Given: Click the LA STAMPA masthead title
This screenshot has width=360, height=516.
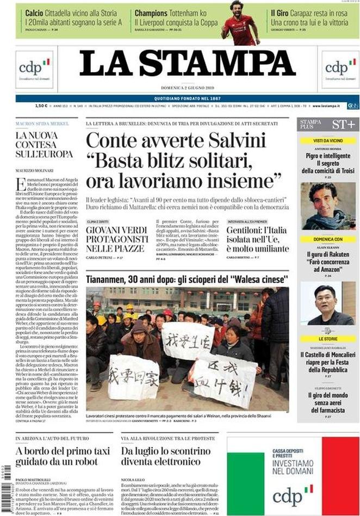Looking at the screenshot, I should point(187,64).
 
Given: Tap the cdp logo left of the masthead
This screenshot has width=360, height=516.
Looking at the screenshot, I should point(34,69).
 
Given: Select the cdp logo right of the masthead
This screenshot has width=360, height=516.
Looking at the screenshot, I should point(340,69).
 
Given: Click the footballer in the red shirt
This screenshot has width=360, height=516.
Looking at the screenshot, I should point(239,22).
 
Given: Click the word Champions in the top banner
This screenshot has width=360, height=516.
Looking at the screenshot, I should point(154,13).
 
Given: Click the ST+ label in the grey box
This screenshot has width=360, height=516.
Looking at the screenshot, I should point(343,125).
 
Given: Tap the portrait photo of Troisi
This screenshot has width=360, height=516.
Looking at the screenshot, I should point(328,206).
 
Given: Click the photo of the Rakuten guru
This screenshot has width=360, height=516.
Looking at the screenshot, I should point(328,303).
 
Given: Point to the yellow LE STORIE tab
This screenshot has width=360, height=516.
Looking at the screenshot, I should point(328,338).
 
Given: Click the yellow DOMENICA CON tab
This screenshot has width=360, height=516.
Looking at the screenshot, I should point(328,239).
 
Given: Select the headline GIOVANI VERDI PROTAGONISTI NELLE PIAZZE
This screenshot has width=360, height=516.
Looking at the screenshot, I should point(116,239).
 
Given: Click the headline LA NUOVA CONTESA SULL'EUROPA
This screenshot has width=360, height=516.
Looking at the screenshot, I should point(44,145).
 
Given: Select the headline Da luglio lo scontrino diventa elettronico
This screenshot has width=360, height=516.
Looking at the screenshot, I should point(165,457).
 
